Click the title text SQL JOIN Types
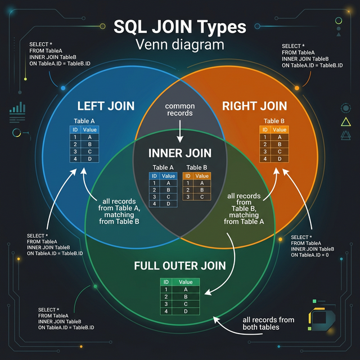(179, 26)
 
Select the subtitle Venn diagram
(179, 44)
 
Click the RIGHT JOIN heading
(254, 106)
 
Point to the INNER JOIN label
(179, 153)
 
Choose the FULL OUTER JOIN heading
(179, 265)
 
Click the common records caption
(179, 109)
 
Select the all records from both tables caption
(268, 324)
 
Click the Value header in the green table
(186, 282)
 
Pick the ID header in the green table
(166, 282)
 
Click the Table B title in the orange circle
(275, 121)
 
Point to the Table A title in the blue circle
(85, 121)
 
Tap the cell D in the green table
(186, 311)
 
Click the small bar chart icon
(18, 109)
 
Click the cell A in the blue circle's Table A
(90, 137)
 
